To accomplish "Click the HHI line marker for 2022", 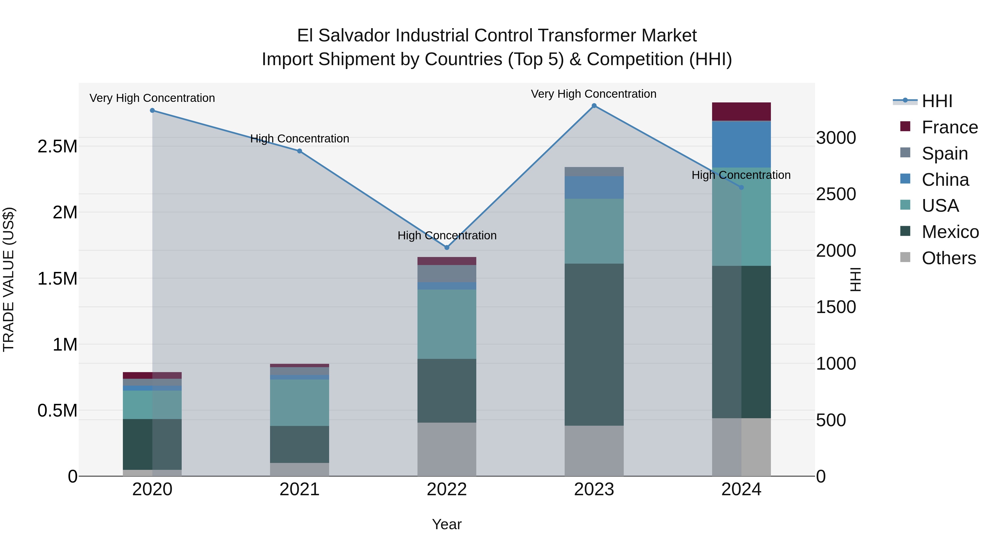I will (x=447, y=248).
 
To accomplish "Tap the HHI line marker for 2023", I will (x=594, y=106).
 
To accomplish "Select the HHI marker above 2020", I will (x=152, y=110).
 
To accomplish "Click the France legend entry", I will (x=949, y=127).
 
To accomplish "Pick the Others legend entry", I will (x=948, y=258).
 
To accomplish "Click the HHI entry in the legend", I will (x=937, y=101).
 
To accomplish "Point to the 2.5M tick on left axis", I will (x=57, y=147).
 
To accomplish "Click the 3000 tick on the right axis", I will (x=836, y=138).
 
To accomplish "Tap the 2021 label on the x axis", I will (x=299, y=489).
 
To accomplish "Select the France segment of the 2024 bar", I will (x=741, y=112).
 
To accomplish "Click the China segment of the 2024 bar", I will (x=741, y=144).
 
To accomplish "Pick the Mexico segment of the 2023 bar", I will (x=594, y=345).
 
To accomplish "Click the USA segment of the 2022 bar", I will (x=447, y=324).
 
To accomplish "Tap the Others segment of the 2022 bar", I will (x=447, y=449).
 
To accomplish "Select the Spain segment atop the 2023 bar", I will (x=594, y=171).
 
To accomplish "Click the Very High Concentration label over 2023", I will (x=593, y=94).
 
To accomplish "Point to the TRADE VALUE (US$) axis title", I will (x=9, y=279).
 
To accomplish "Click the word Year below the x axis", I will (x=447, y=524).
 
